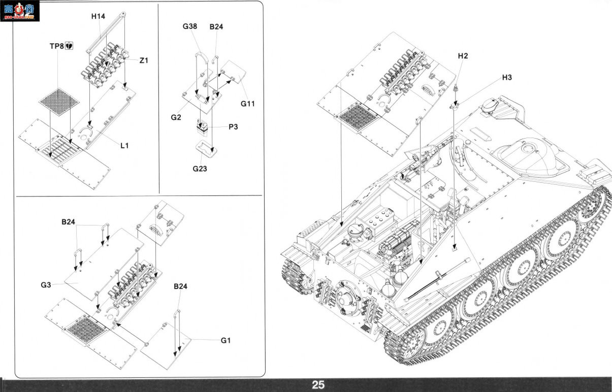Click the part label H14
pyautogui.click(x=98, y=16)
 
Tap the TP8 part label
pyautogui.click(x=57, y=46)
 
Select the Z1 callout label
pyautogui.click(x=144, y=60)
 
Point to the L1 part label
pyautogui.click(x=124, y=146)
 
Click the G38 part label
pyautogui.click(x=190, y=26)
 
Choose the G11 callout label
pyautogui.click(x=247, y=104)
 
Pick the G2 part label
pyautogui.click(x=176, y=117)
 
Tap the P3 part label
pyautogui.click(x=233, y=127)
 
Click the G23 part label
pyautogui.click(x=200, y=169)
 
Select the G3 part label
pyautogui.click(x=46, y=285)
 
